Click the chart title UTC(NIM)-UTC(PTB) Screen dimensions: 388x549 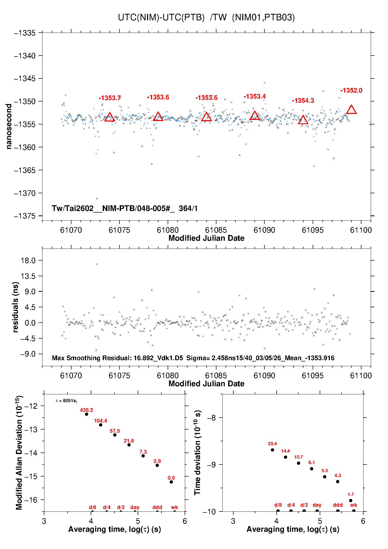coord(161,17)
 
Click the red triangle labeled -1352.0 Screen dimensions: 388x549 coord(351,110)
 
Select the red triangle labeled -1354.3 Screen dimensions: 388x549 coord(303,120)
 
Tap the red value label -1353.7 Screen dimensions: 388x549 coord(110,98)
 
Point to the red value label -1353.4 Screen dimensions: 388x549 coord(255,96)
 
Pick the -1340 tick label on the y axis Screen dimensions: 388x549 coord(25,56)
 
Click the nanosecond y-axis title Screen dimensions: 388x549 coord(9,126)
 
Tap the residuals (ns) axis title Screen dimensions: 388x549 coord(15,307)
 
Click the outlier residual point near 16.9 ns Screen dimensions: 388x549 coord(97,264)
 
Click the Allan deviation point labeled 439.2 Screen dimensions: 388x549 coord(87,414)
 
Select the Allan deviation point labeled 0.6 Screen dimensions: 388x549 coord(171,482)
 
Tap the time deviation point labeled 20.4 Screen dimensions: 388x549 coord(272,450)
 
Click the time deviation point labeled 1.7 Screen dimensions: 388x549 coord(351,500)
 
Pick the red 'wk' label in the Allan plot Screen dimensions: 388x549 coord(174,507)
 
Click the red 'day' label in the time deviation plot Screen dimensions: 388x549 coord(317,505)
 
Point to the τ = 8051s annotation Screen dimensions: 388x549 coord(66,401)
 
